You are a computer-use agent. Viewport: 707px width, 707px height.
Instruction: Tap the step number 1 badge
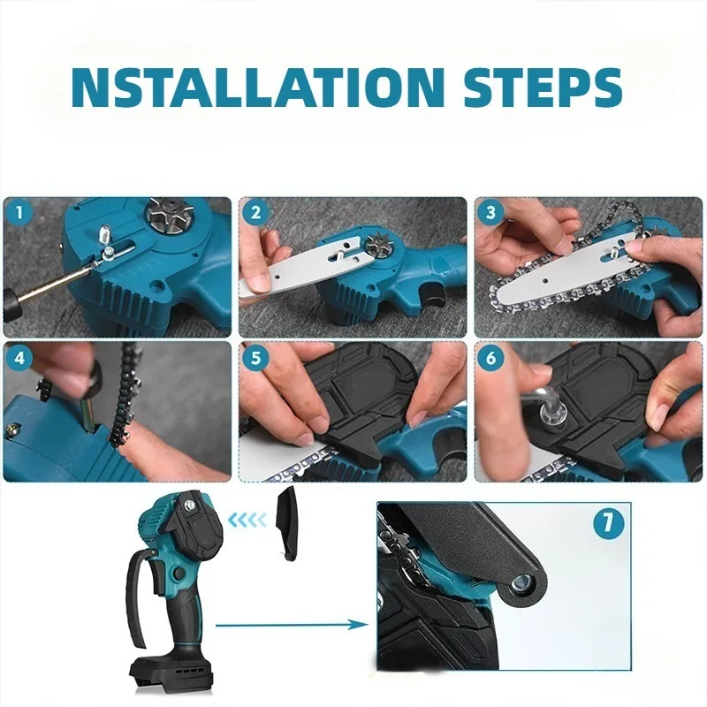[19, 213]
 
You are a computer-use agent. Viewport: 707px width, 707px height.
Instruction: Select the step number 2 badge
[255, 213]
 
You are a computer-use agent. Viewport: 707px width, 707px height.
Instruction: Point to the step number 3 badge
[490, 213]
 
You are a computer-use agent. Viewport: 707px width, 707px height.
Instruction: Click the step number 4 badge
[19, 358]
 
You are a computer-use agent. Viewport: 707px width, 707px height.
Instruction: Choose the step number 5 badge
[255, 358]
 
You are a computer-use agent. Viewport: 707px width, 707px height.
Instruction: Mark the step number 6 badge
[490, 358]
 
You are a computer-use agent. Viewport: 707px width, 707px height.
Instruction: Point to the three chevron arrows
[248, 521]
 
